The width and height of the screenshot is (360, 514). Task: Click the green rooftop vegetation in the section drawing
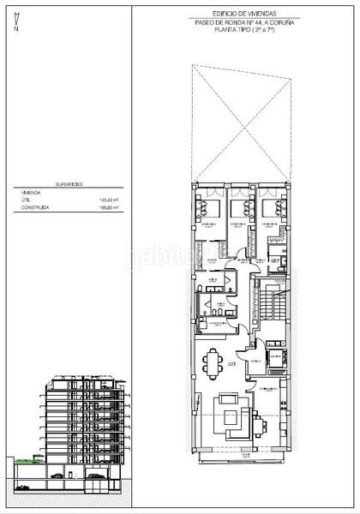[26, 463]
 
